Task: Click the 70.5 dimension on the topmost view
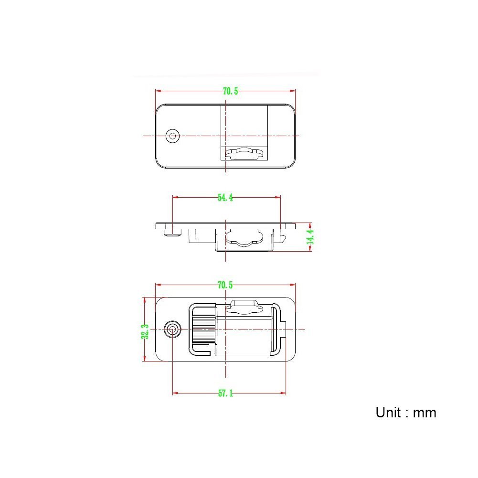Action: pyautogui.click(x=230, y=91)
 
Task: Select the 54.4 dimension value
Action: pyautogui.click(x=225, y=197)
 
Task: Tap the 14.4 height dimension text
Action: pyautogui.click(x=311, y=237)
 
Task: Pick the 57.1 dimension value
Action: pyautogui.click(x=225, y=393)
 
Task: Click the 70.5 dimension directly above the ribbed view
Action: pyautogui.click(x=225, y=285)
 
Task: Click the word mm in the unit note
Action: pyautogui.click(x=425, y=412)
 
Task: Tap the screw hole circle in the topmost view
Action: pyautogui.click(x=172, y=136)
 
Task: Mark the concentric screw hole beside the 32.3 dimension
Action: pyautogui.click(x=172, y=329)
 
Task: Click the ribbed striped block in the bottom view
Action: pyautogui.click(x=203, y=329)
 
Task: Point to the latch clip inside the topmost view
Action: pyautogui.click(x=244, y=153)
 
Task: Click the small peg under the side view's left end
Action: pyautogui.click(x=172, y=233)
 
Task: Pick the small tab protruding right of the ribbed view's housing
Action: pyautogui.click(x=284, y=329)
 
